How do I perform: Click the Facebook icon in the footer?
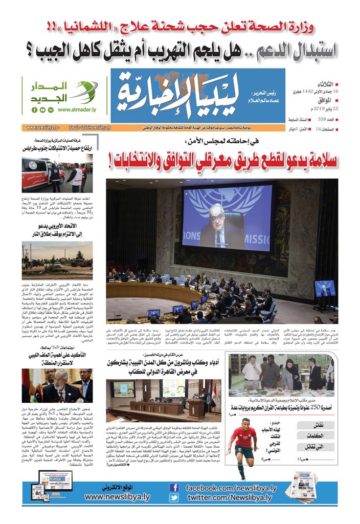coord(174,488)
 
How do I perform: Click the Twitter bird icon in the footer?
coord(174,497)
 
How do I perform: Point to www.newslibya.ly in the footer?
coord(118,496)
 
